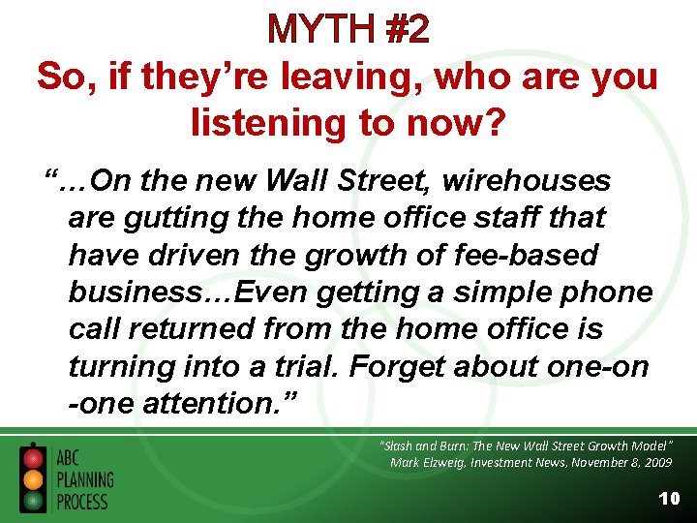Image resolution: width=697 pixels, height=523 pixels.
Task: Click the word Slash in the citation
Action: pyautogui.click(x=397, y=446)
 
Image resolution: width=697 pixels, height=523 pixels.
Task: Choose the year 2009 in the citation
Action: pyautogui.click(x=652, y=463)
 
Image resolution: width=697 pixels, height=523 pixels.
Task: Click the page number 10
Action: pyautogui.click(x=668, y=499)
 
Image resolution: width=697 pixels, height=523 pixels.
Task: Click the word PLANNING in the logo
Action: pyautogui.click(x=84, y=480)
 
